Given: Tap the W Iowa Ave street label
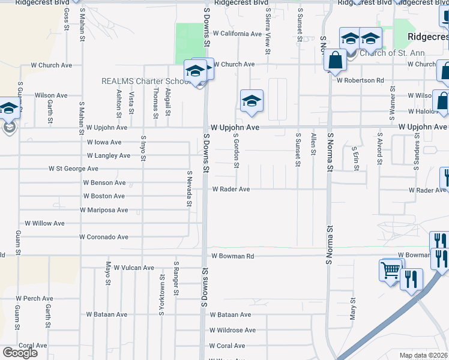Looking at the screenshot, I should [x=104, y=142].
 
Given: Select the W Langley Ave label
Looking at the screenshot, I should [x=109, y=155].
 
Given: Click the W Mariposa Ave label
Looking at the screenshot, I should [x=104, y=210].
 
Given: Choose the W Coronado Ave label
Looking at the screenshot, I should [x=104, y=237].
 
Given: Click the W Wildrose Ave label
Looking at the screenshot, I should [x=232, y=330].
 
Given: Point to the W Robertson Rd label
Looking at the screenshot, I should [x=360, y=80].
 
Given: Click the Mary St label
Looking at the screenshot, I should [x=353, y=308].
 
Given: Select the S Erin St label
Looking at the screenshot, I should [x=355, y=157].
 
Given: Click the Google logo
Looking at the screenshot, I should [x=20, y=352].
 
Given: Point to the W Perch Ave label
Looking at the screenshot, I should [x=35, y=298].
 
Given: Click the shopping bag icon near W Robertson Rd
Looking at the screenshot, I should [x=334, y=61].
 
